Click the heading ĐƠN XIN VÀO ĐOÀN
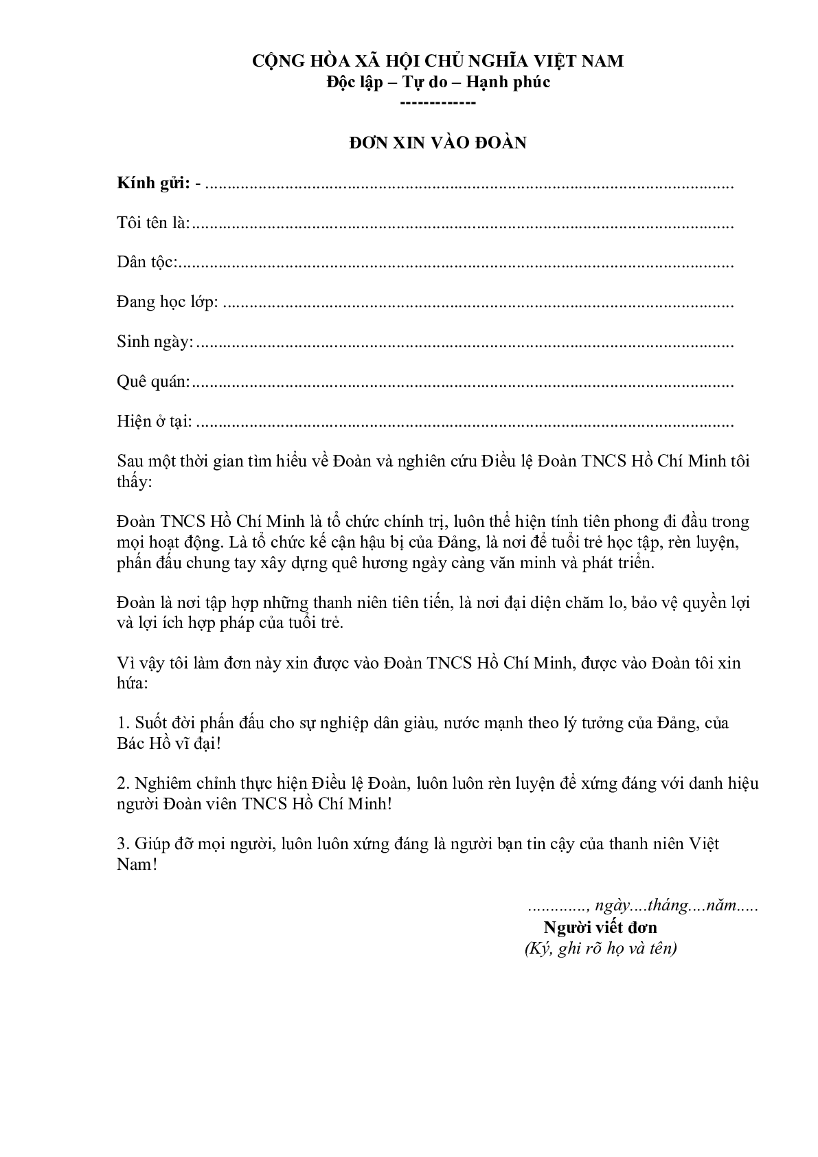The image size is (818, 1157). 438,143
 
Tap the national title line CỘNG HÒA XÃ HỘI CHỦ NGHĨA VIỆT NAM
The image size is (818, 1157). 438,61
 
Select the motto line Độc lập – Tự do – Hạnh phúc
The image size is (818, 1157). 438,82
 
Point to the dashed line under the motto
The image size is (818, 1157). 438,103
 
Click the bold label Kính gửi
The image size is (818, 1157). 153,183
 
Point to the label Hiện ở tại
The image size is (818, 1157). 155,421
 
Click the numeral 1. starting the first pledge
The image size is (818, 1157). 123,723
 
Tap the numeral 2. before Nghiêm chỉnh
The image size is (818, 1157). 123,784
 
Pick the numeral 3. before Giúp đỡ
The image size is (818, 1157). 123,844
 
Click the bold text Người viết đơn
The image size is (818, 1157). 600,928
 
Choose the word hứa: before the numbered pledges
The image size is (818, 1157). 133,684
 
